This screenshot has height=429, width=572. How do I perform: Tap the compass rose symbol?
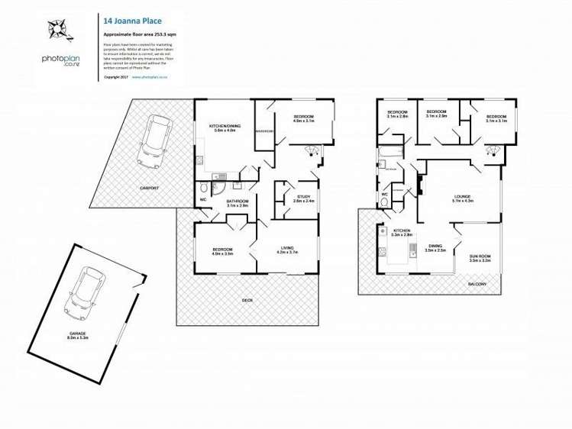point(57,30)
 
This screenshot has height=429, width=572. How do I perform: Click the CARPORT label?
point(149,187)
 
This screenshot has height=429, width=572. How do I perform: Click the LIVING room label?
point(286,250)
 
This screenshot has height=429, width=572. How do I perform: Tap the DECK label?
point(247,299)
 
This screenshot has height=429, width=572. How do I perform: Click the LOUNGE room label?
point(463,198)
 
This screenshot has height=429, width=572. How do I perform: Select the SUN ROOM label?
point(480,258)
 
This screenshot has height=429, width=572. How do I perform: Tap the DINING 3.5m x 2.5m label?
point(435,248)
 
